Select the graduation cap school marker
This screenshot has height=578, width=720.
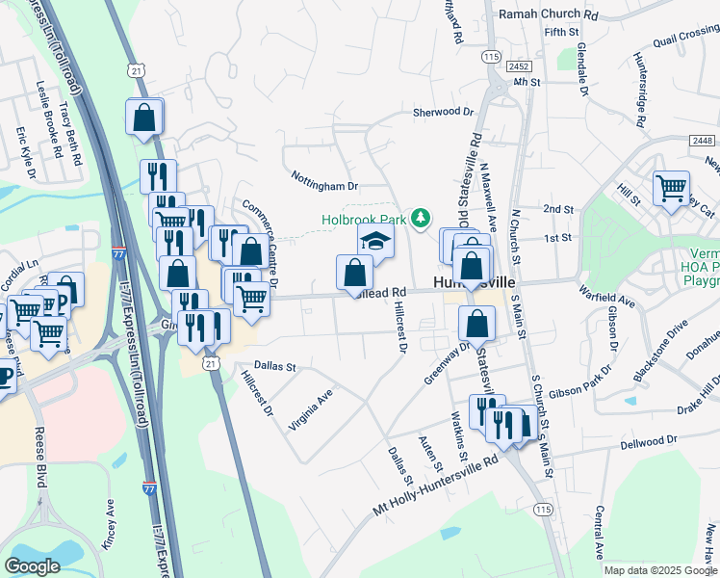click(x=376, y=241)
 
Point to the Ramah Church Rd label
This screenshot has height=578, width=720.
click(x=549, y=15)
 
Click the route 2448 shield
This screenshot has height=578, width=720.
click(x=702, y=141)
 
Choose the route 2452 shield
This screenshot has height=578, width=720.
click(x=521, y=66)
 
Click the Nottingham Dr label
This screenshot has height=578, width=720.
click(x=324, y=180)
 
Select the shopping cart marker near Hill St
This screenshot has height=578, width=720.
click(x=671, y=188)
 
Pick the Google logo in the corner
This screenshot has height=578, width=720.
click(x=32, y=565)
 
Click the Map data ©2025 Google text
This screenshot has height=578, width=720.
click(x=660, y=570)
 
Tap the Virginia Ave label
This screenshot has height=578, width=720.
click(x=311, y=409)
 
